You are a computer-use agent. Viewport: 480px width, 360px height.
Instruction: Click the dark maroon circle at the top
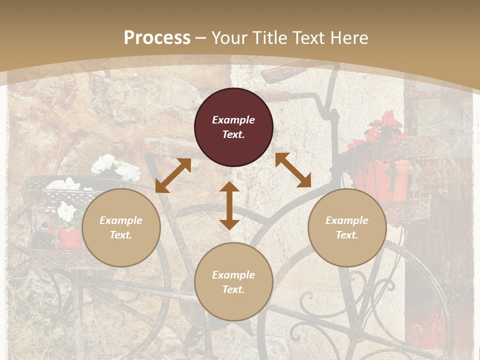[x=233, y=127]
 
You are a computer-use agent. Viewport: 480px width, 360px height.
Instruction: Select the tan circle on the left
[x=121, y=227]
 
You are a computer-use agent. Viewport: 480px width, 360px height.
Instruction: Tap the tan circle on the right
[x=347, y=227]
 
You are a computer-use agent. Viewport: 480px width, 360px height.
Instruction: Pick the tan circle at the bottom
[x=233, y=282]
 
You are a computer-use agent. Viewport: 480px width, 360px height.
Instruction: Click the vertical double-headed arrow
[x=229, y=205]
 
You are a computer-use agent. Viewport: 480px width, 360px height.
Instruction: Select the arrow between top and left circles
[x=173, y=175]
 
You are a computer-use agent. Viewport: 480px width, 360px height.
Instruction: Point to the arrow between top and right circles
[x=293, y=170]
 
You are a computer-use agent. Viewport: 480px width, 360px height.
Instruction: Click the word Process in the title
[x=157, y=37]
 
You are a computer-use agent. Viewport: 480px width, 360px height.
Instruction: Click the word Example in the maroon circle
[x=233, y=120]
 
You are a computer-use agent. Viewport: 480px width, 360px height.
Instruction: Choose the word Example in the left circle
[x=121, y=220]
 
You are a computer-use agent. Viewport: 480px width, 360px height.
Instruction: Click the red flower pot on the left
[x=69, y=238]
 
